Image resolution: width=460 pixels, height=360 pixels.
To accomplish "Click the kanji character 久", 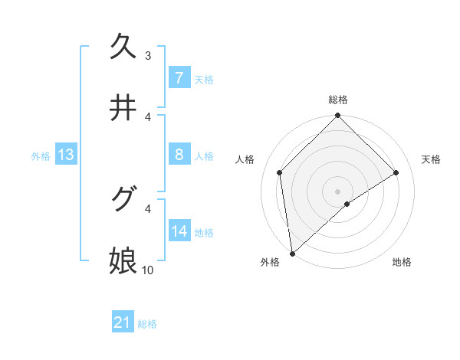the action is tap(124, 46).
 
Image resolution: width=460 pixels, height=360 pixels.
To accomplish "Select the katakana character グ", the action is tap(124, 199).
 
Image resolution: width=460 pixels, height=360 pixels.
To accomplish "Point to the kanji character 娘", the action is tap(124, 260).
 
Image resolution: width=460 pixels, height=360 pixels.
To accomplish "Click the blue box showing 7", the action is tap(179, 77).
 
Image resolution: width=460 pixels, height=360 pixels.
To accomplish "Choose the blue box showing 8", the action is tap(179, 155).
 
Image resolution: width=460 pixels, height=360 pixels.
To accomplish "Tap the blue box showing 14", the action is tap(179, 231).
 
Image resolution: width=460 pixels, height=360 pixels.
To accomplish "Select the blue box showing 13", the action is tap(66, 155).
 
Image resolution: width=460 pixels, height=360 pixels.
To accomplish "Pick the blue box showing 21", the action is tap(122, 323).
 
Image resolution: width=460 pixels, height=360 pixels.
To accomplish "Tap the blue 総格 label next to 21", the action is tap(147, 324).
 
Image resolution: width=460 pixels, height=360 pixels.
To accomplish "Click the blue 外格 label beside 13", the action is tap(41, 156).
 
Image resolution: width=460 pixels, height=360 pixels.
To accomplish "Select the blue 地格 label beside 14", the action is tap(204, 233).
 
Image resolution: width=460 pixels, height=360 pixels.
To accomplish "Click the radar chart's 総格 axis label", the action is tap(338, 100).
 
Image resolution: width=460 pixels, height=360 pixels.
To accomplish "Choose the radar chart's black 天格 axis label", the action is tap(431, 159).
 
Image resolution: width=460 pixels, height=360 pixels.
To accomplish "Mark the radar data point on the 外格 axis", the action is tap(291, 254).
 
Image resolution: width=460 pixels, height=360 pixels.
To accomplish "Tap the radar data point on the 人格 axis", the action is tap(280, 172).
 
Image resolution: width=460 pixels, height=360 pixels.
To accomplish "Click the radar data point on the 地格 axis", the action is tap(347, 204).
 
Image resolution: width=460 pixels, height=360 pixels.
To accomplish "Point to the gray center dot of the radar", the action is tap(338, 191).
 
